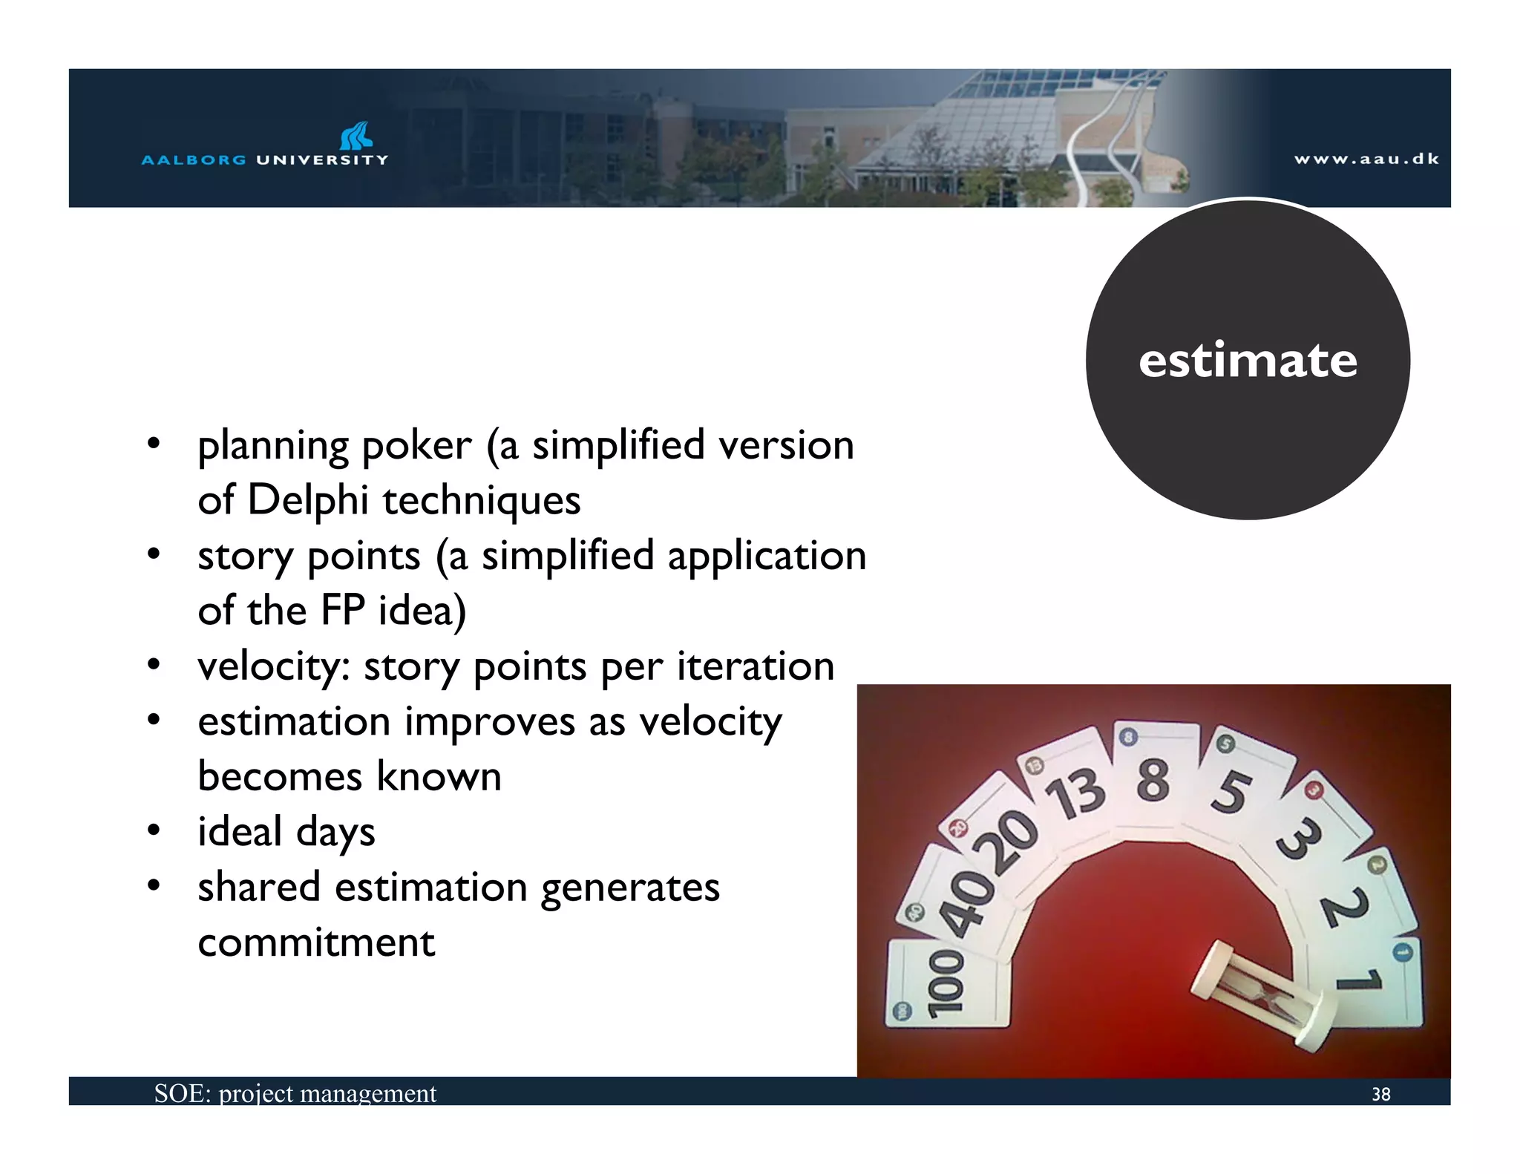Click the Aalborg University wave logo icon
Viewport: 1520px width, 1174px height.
[x=356, y=136]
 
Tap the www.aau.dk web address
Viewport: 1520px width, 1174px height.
[x=1366, y=159]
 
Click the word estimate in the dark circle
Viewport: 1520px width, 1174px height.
[x=1248, y=361]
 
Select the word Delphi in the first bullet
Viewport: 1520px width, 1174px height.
[x=307, y=500]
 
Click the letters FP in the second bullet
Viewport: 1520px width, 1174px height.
[x=343, y=611]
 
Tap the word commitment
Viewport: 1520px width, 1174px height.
[x=316, y=942]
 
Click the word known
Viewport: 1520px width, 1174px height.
[x=439, y=777]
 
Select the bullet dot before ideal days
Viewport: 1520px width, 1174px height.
[x=154, y=830]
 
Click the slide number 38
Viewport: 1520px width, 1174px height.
[x=1380, y=1094]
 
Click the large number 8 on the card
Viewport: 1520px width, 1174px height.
[x=1153, y=780]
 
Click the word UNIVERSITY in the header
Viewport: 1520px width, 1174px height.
[x=322, y=160]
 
